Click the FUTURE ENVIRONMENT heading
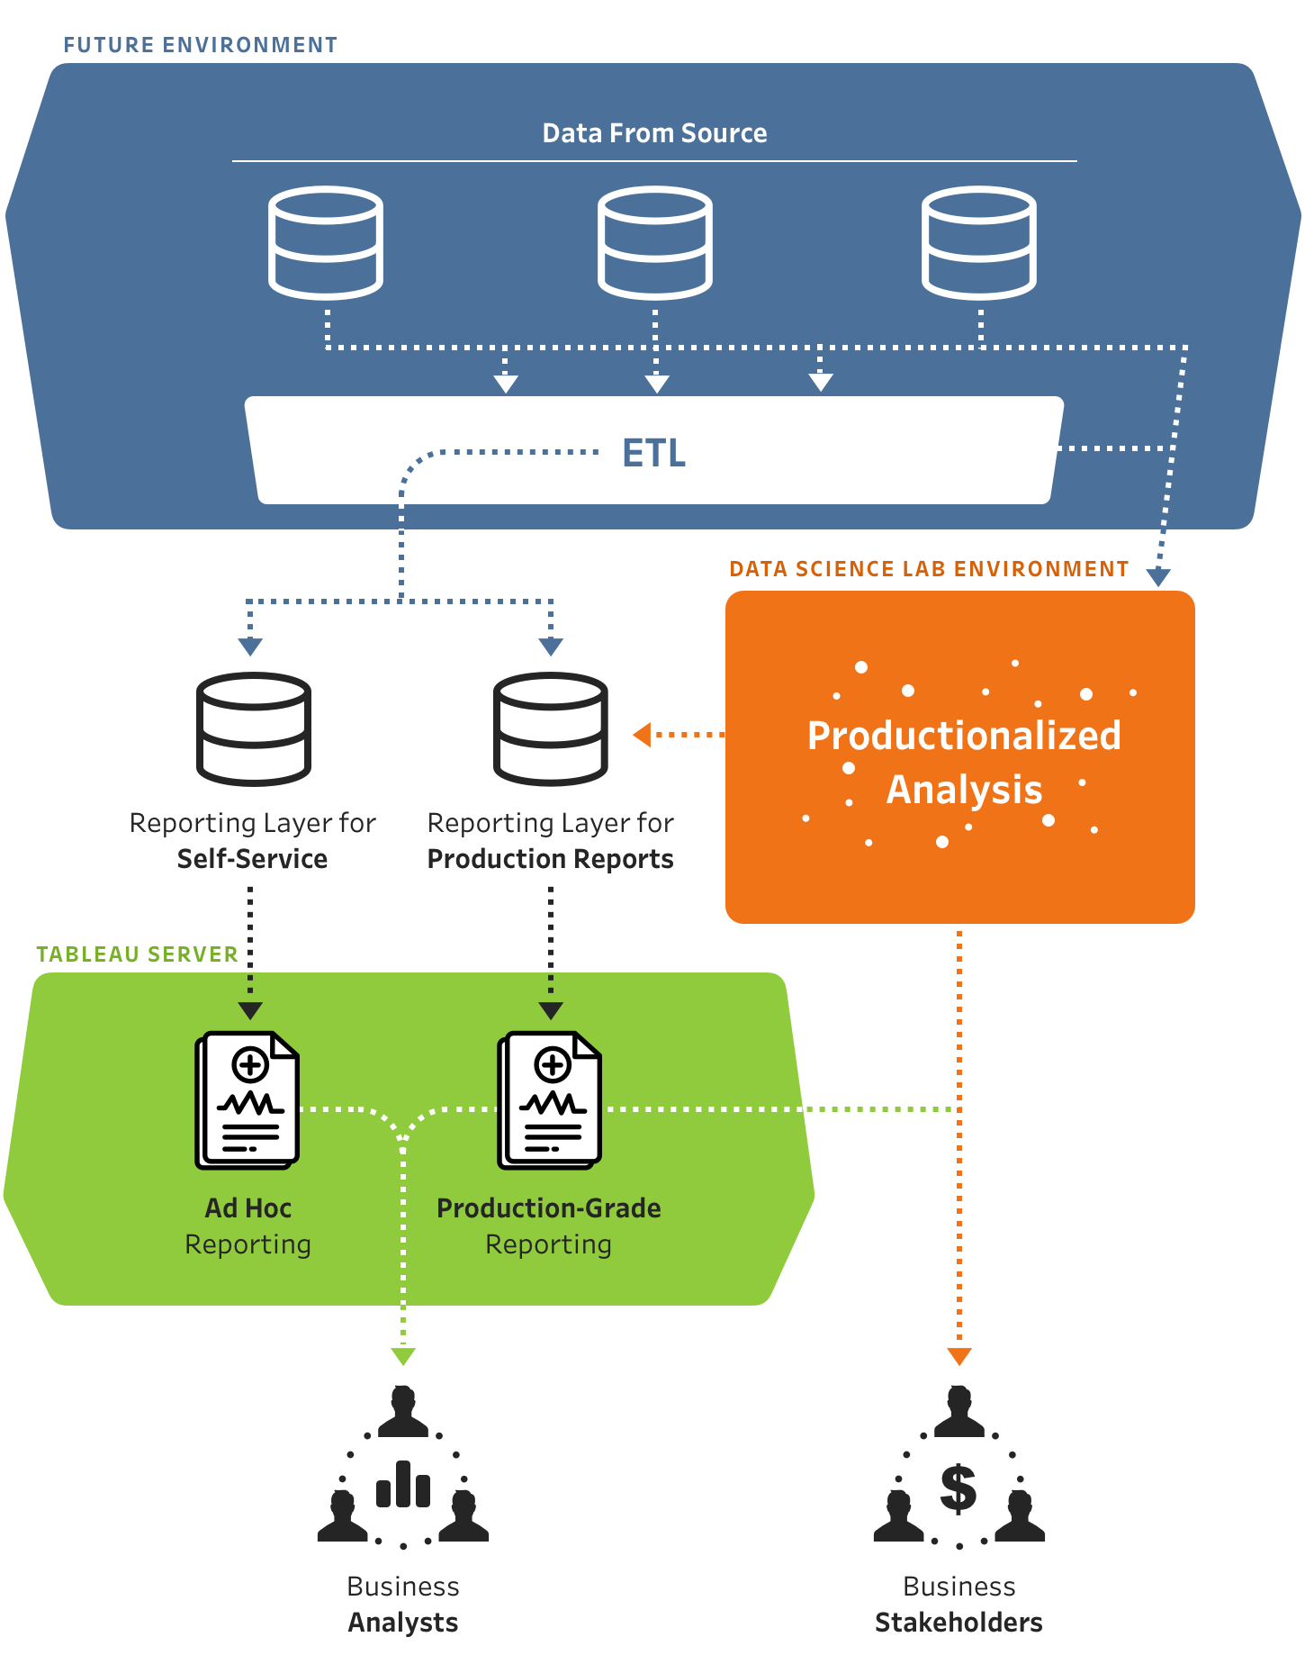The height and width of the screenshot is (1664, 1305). coord(200,44)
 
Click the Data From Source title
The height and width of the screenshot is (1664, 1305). coord(654,133)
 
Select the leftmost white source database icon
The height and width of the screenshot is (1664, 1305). coord(326,243)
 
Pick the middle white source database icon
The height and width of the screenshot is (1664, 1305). coord(654,243)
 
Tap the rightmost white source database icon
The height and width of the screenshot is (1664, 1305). coord(978,243)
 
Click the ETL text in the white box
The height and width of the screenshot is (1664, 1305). coord(654,453)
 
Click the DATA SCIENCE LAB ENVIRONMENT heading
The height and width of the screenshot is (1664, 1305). coord(929,568)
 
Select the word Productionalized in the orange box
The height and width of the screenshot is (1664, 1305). coord(964,736)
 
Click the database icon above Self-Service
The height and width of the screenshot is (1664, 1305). coord(254,729)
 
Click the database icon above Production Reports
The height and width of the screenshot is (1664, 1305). coord(551,729)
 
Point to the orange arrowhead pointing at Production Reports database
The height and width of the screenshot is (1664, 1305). coord(642,735)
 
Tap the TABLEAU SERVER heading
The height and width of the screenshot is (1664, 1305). coord(137,954)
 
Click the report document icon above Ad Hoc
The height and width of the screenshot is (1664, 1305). coord(247,1100)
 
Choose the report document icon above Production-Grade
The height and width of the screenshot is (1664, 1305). coord(550,1100)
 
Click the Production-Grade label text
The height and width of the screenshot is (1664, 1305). coord(548,1207)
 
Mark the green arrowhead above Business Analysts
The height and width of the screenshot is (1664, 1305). coord(403,1356)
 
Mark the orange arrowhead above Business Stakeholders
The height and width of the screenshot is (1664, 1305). coord(959,1356)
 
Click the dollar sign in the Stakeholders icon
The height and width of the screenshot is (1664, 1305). coord(958,1488)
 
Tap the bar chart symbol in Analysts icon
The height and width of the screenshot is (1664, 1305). coord(403,1486)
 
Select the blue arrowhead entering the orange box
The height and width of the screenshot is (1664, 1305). coord(1158,577)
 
